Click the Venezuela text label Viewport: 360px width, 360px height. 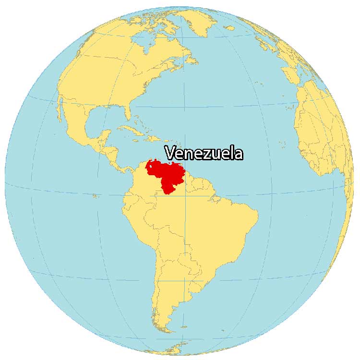point(204,153)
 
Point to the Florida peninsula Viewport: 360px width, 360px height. point(127,113)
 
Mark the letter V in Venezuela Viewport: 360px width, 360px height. point(170,153)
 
